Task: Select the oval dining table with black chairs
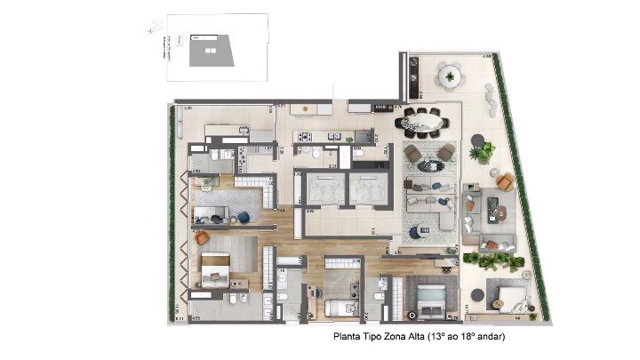click(423, 121)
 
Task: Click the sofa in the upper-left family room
click(211, 214)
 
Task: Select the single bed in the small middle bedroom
click(339, 307)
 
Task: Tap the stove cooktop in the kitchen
click(303, 137)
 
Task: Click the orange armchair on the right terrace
click(504, 181)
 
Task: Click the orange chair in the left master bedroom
click(202, 237)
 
